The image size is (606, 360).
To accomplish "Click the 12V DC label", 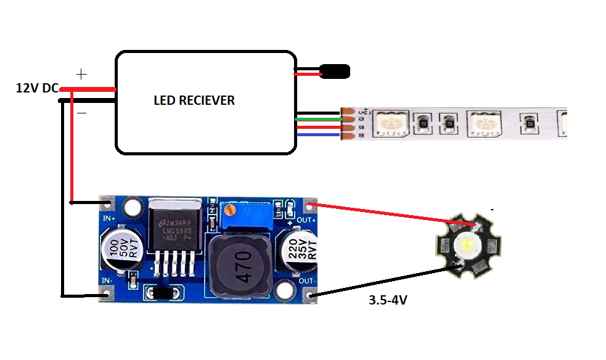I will pyautogui.click(x=36, y=88).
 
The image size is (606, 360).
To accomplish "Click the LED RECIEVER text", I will pyautogui.click(x=194, y=100).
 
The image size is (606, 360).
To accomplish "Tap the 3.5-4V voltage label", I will pyautogui.click(x=388, y=301).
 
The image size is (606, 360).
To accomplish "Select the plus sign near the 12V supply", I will pyautogui.click(x=81, y=74).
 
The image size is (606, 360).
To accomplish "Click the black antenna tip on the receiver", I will pyautogui.click(x=335, y=72).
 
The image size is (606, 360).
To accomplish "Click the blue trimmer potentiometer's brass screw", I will pyautogui.click(x=231, y=211).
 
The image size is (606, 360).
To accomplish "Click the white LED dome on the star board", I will pyautogui.click(x=467, y=247).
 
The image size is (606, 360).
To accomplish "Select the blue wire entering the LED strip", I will pyautogui.click(x=317, y=134).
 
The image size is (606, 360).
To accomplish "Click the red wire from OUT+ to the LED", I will pyautogui.click(x=395, y=215).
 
